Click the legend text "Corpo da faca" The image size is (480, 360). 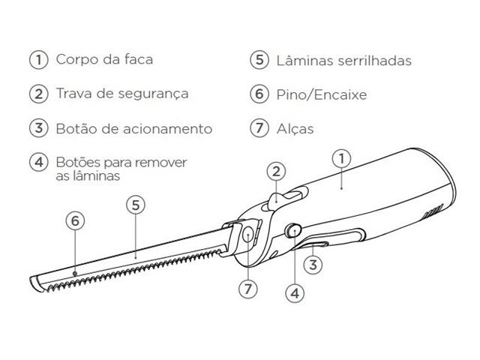pos(109,59)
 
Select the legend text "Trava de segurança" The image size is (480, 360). pos(121,94)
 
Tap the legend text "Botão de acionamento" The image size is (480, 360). pos(133,128)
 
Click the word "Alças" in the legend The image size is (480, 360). pos(295,129)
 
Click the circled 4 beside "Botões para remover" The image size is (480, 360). pos(36,162)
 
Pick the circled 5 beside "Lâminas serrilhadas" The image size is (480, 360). pos(259,60)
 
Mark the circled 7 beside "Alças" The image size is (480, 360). pos(259,128)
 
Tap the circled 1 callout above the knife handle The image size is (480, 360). pos(341,158)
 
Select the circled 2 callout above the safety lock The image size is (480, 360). pos(276,171)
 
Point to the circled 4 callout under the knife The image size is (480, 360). pos(295,294)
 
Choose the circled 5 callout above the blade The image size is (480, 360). pos(134,205)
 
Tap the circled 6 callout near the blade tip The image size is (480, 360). pos(74,220)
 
